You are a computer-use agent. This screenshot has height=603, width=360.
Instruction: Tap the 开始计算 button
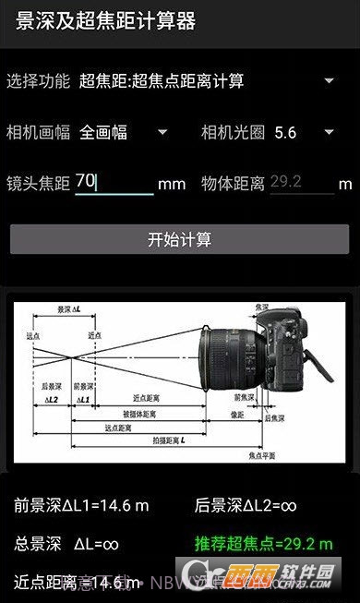(180, 239)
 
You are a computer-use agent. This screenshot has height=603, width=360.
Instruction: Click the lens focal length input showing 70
(114, 182)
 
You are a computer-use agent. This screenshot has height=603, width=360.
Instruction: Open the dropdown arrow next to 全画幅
(162, 132)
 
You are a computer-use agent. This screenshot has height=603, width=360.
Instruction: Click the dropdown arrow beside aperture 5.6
(330, 132)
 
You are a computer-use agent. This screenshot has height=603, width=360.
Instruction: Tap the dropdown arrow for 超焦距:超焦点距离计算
(330, 80)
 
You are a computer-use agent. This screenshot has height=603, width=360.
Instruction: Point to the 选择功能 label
(38, 81)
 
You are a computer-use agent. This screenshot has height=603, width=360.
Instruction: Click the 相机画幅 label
(38, 132)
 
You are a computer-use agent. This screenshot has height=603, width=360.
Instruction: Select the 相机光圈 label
(234, 132)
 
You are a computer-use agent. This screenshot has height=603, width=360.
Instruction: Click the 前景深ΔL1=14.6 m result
(81, 505)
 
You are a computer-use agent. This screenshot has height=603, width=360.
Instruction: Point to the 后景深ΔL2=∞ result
(246, 505)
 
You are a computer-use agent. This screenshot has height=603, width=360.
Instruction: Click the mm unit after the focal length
(172, 184)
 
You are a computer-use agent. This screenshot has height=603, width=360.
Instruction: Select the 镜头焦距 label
(38, 183)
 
